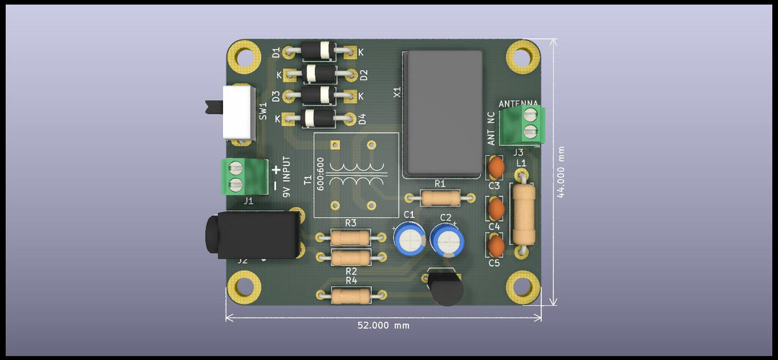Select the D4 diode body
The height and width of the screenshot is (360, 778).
click(x=319, y=118)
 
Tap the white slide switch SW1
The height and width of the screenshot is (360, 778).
click(x=238, y=112)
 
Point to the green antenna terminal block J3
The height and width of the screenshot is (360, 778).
click(x=530, y=124)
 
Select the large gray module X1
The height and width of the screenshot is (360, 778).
click(x=443, y=114)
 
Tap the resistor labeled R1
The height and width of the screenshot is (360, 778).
click(x=440, y=197)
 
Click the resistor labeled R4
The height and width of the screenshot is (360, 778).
click(x=351, y=296)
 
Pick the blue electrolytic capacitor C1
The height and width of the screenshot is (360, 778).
click(x=409, y=239)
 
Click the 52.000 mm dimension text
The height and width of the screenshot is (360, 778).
click(x=383, y=325)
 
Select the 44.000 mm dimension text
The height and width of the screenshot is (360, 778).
click(x=561, y=172)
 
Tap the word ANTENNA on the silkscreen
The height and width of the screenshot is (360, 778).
click(x=518, y=103)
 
